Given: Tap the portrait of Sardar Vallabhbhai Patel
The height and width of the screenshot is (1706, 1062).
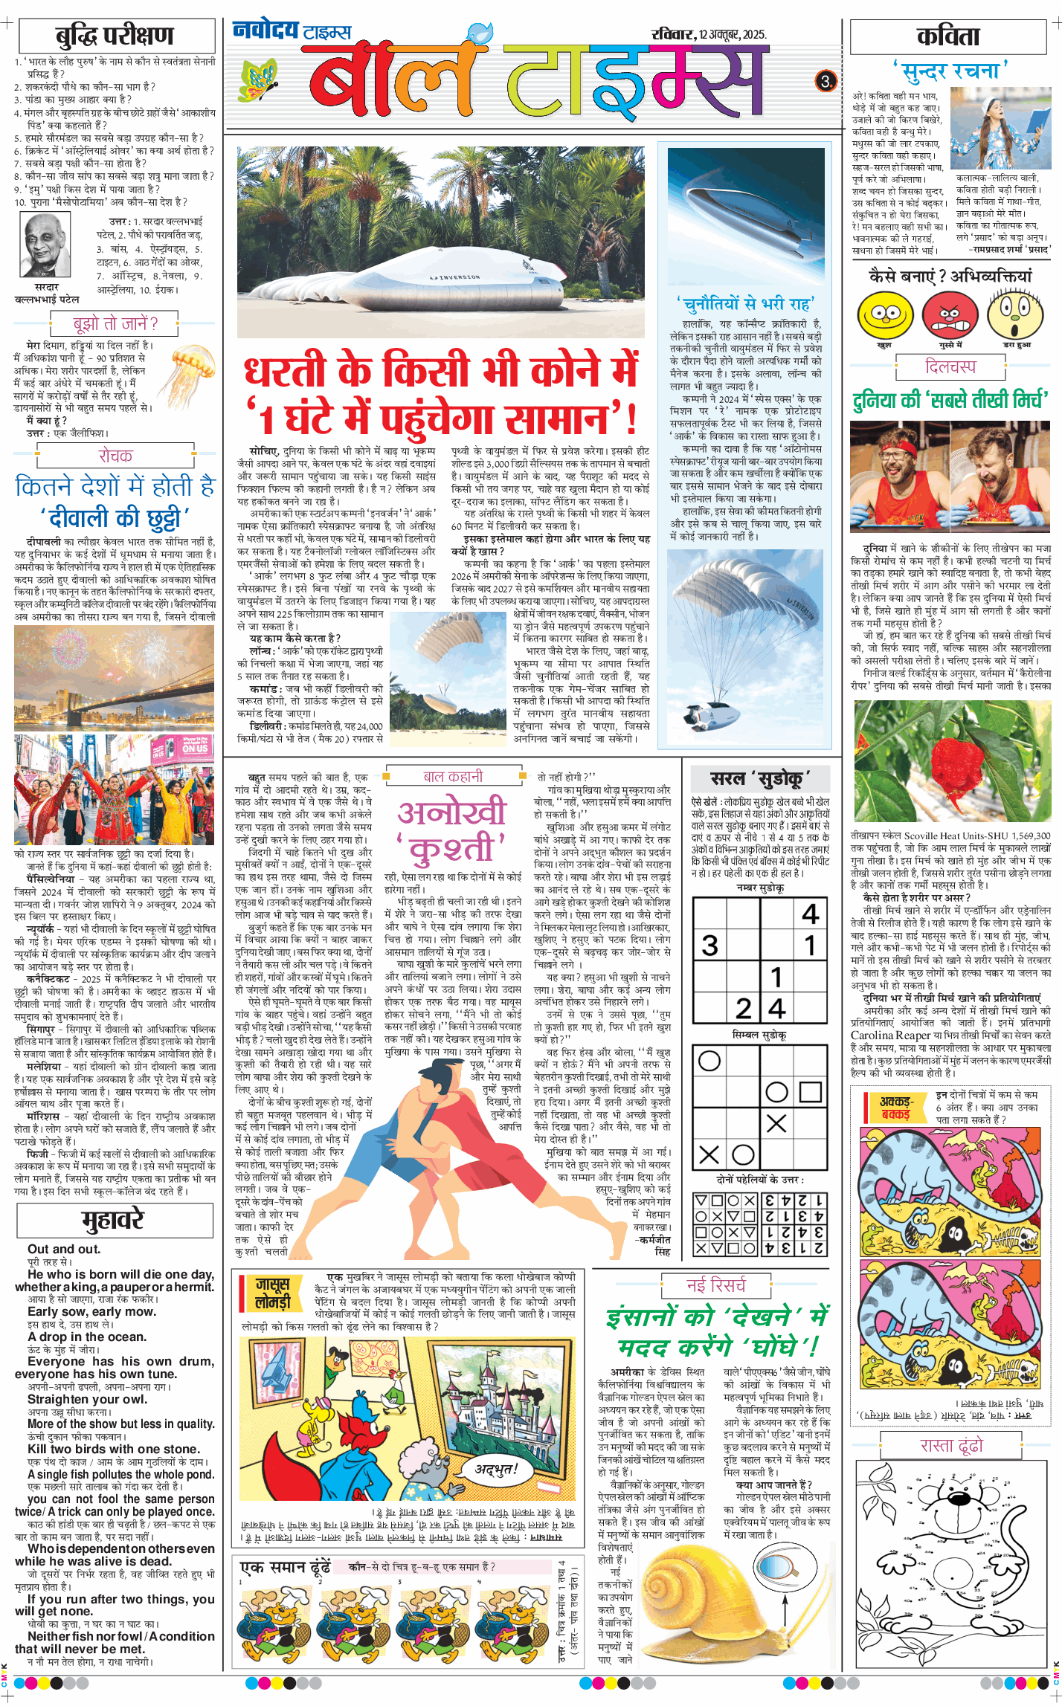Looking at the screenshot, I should click(46, 245).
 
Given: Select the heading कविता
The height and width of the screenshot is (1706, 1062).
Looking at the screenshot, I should click(947, 36).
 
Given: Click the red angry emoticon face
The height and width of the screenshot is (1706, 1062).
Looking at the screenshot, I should click(950, 315).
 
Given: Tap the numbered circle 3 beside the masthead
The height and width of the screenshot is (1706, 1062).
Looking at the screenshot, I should click(826, 80).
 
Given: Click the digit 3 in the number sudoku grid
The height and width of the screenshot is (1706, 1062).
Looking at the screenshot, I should click(710, 946).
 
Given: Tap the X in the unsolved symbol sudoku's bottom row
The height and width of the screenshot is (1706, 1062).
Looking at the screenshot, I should click(709, 1154).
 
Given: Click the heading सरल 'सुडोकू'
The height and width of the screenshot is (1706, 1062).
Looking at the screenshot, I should click(759, 778).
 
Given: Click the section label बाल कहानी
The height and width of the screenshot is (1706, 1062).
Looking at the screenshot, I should click(453, 777).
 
